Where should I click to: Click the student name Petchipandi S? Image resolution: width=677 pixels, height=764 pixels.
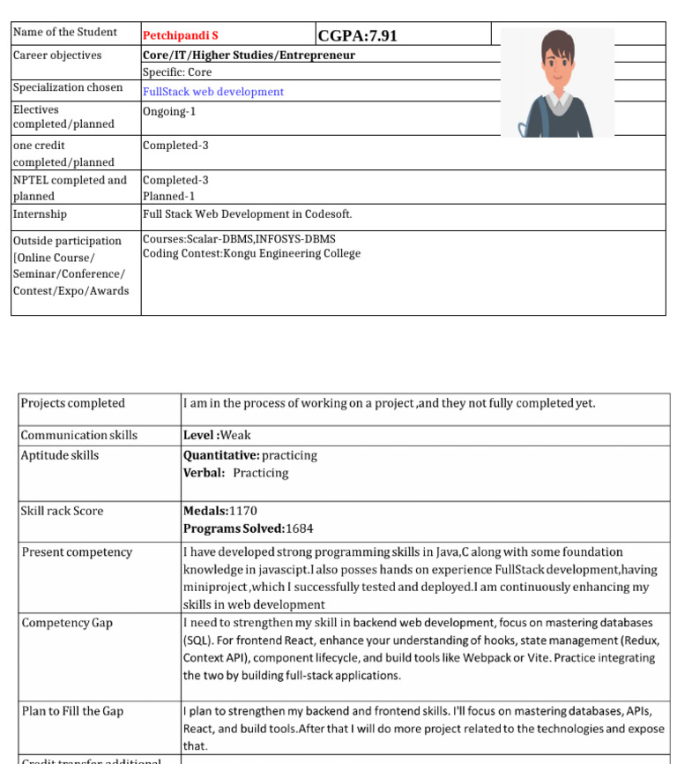(180, 36)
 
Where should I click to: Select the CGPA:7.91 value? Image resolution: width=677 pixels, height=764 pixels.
(357, 35)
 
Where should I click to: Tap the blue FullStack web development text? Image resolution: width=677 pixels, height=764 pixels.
(212, 92)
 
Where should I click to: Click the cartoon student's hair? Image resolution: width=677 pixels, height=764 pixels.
(557, 43)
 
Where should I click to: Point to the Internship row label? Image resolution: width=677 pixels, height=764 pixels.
(40, 214)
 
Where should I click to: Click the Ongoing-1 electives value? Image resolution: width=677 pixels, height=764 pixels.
(169, 111)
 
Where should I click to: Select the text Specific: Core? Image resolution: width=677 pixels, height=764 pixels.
(177, 72)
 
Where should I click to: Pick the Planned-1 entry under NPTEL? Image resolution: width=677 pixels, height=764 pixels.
(168, 196)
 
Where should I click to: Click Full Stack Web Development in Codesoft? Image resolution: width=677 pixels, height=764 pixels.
(247, 214)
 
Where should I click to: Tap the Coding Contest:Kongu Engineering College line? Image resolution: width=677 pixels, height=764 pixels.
(251, 254)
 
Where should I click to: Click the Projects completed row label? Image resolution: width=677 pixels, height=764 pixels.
(72, 403)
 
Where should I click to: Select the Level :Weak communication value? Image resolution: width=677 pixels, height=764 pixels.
(217, 435)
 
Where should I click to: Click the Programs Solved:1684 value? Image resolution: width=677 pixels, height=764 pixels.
(248, 528)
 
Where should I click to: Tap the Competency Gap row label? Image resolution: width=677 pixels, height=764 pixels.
(67, 623)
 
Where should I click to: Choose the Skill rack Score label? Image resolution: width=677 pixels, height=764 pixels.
(62, 511)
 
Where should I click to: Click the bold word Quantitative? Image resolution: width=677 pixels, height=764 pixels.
(220, 455)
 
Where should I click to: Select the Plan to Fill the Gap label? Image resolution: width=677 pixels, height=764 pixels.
(72, 711)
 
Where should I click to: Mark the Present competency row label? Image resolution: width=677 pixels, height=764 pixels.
(77, 552)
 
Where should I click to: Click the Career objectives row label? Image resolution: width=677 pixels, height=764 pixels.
(57, 55)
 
